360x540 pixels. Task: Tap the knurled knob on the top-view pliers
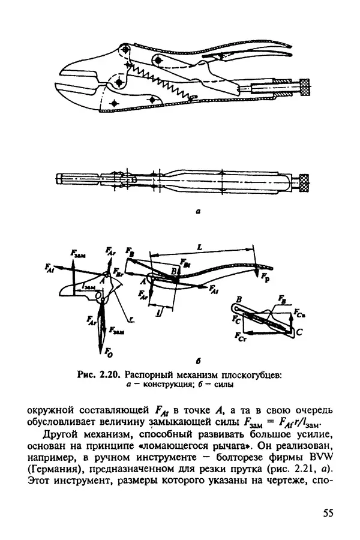[x=305, y=179]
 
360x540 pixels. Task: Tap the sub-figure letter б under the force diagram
[x=180, y=361]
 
